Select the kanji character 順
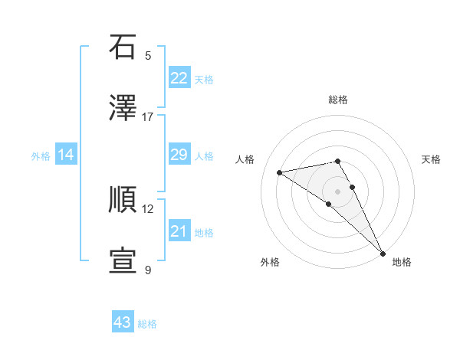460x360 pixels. tap(123, 200)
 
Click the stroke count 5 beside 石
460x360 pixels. tap(148, 55)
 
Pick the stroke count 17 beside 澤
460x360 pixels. tap(148, 116)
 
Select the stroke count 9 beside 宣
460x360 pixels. tap(148, 270)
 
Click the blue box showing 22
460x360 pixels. tap(179, 78)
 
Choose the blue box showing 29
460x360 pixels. tap(179, 155)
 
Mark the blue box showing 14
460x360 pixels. tap(66, 155)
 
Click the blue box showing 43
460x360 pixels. tap(123, 322)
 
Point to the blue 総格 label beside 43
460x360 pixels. tap(147, 324)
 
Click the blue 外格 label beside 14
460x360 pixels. tap(41, 156)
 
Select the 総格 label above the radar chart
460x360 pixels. tap(337, 100)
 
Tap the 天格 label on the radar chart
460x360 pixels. tap(431, 159)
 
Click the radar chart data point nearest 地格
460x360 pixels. tap(383, 254)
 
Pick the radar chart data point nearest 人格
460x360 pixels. tap(280, 172)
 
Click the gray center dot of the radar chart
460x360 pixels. tap(337, 191)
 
